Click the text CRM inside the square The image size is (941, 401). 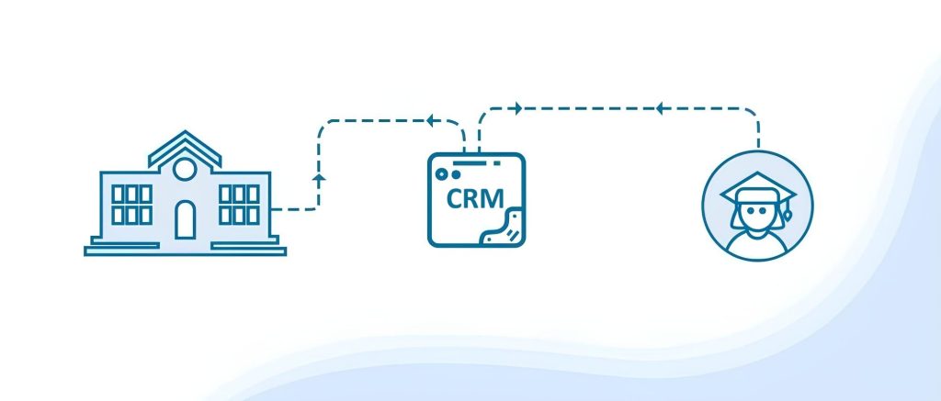[473, 197]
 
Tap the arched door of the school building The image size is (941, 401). [185, 220]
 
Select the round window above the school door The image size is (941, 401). [185, 169]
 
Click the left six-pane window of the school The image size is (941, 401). [131, 204]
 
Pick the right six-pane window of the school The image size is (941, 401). [239, 204]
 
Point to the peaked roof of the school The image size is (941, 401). [185, 145]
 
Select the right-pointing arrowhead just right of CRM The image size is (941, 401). [517, 109]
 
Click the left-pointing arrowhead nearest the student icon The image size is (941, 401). [659, 109]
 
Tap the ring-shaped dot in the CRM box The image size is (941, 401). [441, 173]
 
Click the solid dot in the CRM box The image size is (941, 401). [452, 173]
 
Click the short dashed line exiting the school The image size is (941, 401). [293, 210]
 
